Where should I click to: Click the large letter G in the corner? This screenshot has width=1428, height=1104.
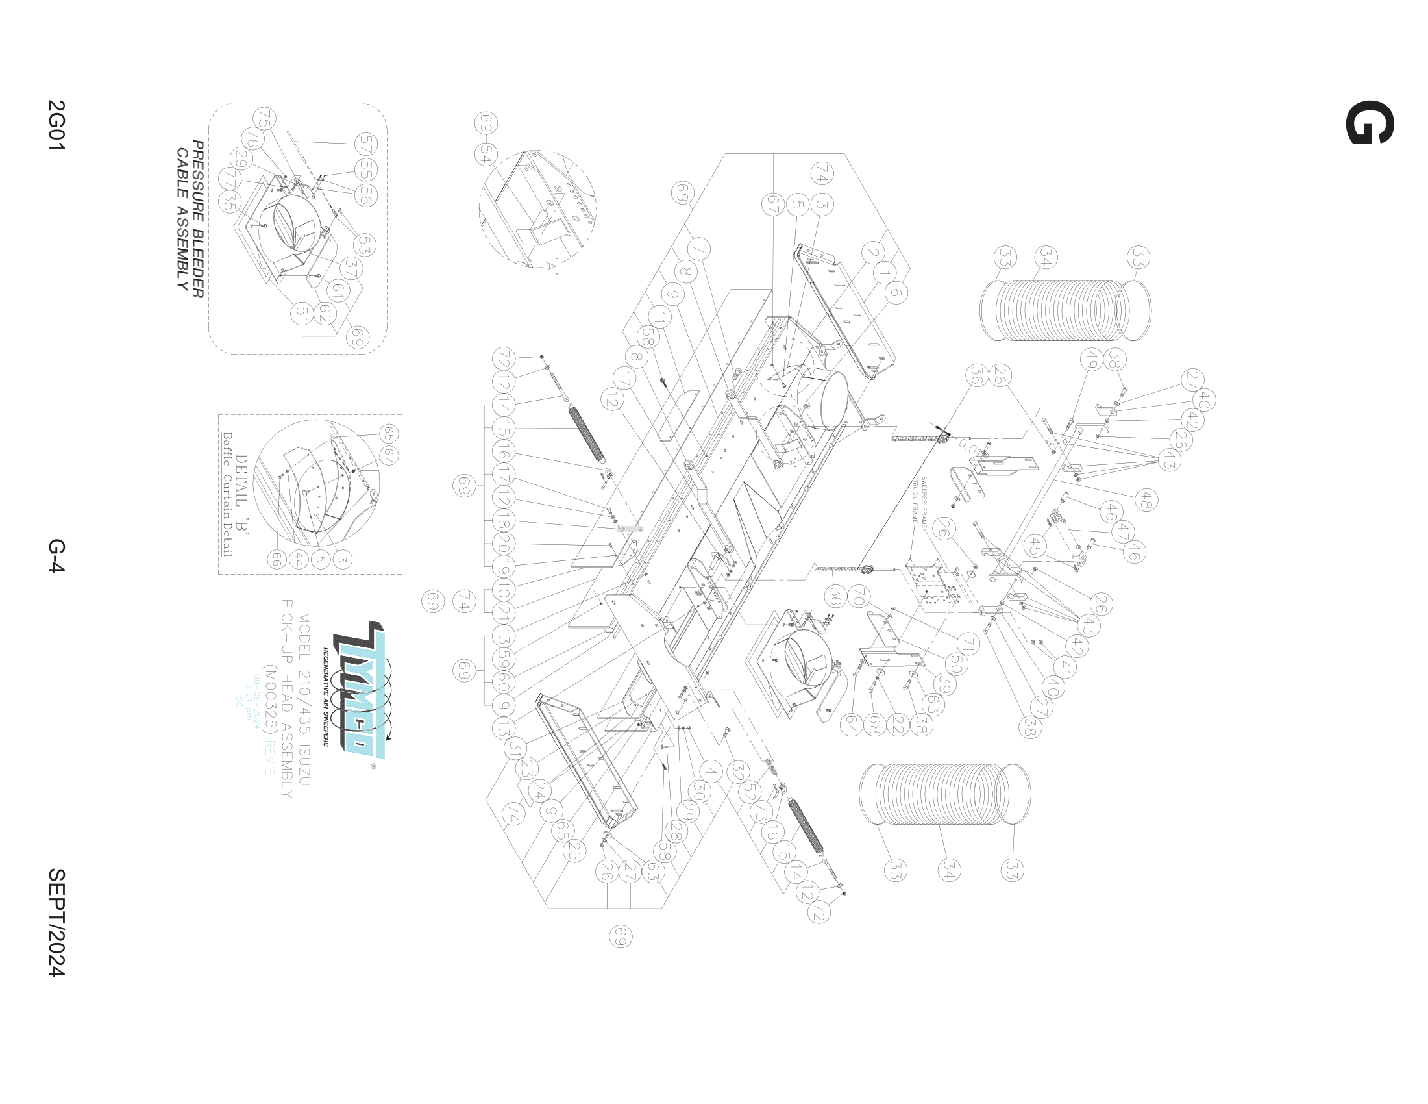click(x=1369, y=122)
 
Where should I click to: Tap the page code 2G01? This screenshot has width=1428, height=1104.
click(x=57, y=125)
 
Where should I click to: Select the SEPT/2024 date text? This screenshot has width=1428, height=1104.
click(x=57, y=922)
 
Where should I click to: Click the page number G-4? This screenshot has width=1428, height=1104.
click(x=57, y=555)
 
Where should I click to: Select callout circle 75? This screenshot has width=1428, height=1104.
click(x=264, y=118)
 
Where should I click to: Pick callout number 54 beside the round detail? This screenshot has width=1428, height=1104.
click(x=486, y=155)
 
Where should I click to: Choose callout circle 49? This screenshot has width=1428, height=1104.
click(x=1091, y=359)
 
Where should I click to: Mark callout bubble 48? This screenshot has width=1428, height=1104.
click(x=1146, y=500)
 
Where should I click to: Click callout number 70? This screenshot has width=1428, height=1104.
click(x=859, y=596)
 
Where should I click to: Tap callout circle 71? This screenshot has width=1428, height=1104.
click(x=968, y=644)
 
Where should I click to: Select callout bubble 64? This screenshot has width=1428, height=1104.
click(x=851, y=725)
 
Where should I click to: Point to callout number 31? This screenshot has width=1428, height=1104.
click(x=516, y=747)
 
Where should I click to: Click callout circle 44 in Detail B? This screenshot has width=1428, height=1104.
click(x=299, y=559)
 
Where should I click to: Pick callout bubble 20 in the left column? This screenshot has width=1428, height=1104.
click(x=503, y=544)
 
